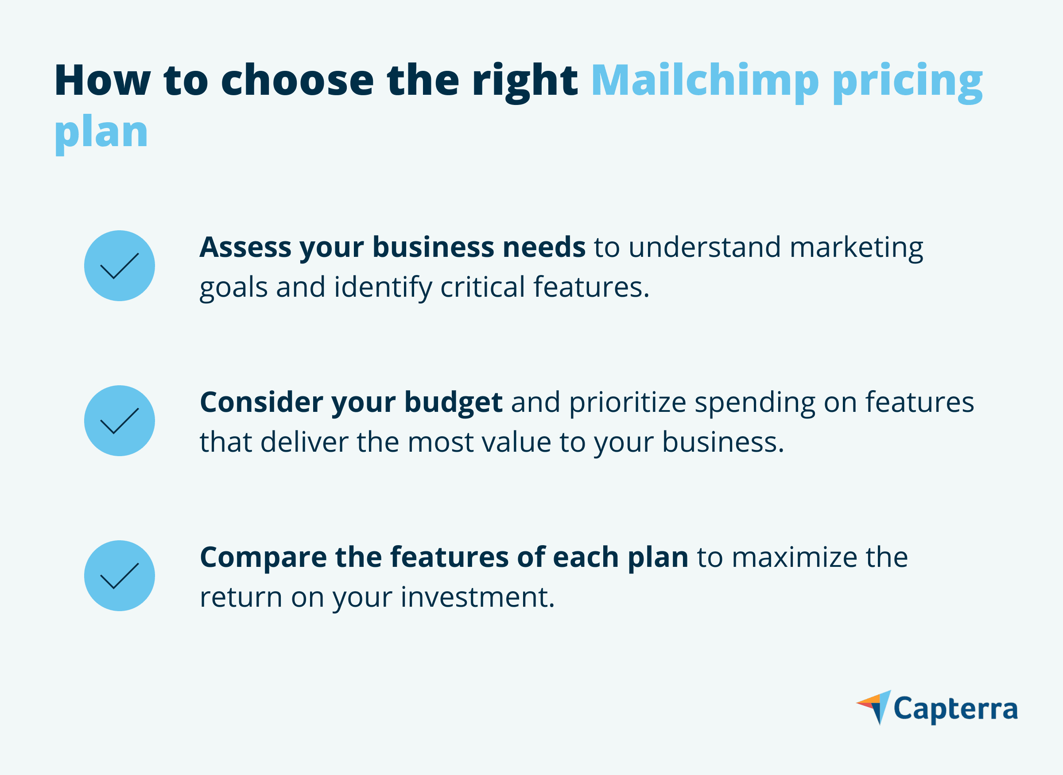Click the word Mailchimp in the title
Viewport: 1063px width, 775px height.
tap(705, 81)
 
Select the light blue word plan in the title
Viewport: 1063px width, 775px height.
tap(101, 133)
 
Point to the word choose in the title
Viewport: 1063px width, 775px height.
tap(297, 81)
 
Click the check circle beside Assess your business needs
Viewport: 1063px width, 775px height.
tap(120, 266)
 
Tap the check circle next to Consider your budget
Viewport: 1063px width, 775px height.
tap(120, 421)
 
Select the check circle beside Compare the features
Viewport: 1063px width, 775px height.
tap(120, 576)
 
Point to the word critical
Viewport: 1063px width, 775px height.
tap(482, 287)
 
